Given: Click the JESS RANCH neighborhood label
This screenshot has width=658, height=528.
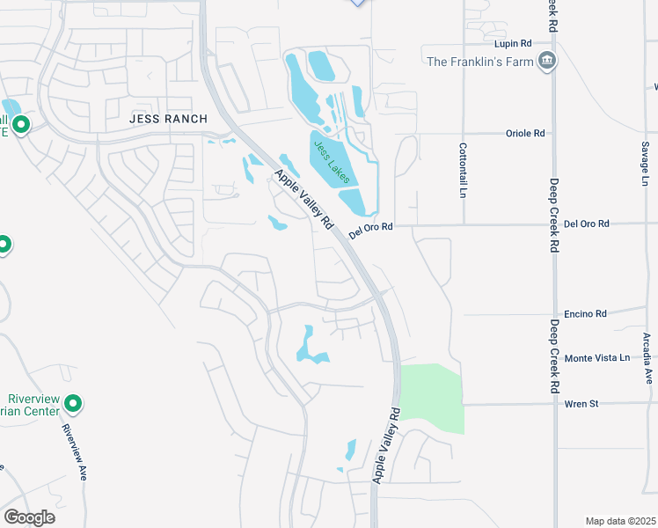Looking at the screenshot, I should click(x=168, y=119).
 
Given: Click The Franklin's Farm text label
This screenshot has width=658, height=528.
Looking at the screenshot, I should click(x=480, y=61).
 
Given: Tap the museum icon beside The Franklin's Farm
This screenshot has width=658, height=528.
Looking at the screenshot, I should click(x=547, y=61).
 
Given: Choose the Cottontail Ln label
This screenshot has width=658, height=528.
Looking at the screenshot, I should click(x=462, y=170).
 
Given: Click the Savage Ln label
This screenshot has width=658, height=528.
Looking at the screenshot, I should click(x=645, y=163).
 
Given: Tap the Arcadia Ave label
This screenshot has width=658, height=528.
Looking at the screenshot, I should click(x=648, y=357).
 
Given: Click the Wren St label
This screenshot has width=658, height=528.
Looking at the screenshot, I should click(x=581, y=404).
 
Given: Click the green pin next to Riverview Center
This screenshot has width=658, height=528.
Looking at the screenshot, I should click(x=74, y=404).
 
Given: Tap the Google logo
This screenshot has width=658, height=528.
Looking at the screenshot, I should click(x=29, y=517).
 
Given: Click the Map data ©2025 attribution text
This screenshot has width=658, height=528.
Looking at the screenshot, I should click(x=620, y=521).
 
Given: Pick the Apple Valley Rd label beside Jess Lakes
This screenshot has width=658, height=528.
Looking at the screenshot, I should click(x=303, y=199).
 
